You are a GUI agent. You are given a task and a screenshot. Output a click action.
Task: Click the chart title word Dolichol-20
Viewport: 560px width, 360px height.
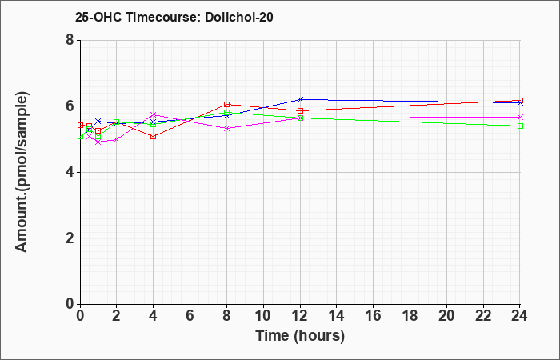pyautogui.click(x=239, y=17)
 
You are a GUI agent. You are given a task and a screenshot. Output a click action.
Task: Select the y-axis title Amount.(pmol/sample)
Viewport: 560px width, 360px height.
pyautogui.click(x=22, y=172)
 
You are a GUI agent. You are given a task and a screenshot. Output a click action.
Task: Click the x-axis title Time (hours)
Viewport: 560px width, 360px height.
pyautogui.click(x=300, y=336)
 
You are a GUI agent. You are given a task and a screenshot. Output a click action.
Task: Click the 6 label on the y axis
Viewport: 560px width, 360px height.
pyautogui.click(x=70, y=106)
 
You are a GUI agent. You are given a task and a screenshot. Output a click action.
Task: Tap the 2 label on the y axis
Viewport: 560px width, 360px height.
pyautogui.click(x=70, y=238)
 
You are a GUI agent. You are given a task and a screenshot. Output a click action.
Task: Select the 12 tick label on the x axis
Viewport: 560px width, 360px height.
pyautogui.click(x=300, y=316)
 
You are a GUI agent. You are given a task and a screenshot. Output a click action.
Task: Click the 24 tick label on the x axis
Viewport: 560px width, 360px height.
pyautogui.click(x=520, y=316)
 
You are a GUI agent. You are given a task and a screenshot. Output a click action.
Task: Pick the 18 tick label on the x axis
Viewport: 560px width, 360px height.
pyautogui.click(x=410, y=316)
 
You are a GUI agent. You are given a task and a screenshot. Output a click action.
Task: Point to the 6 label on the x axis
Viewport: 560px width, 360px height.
pyautogui.click(x=190, y=316)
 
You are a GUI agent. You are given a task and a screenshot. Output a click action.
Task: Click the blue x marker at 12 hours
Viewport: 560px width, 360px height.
pyautogui.click(x=300, y=99)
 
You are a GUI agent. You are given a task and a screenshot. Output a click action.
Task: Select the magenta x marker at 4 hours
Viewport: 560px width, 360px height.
pyautogui.click(x=154, y=114)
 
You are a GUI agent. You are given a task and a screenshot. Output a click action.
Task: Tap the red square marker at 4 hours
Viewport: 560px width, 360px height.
pyautogui.click(x=154, y=137)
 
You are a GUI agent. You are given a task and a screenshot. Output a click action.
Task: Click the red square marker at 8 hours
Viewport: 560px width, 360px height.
pyautogui.click(x=226, y=104)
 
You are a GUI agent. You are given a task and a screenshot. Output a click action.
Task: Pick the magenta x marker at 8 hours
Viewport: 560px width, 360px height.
pyautogui.click(x=226, y=128)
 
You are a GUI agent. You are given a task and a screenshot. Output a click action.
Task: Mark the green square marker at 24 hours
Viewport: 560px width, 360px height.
pyautogui.click(x=520, y=126)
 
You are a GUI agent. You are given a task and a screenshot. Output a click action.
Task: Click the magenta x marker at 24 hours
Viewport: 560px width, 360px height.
pyautogui.click(x=520, y=117)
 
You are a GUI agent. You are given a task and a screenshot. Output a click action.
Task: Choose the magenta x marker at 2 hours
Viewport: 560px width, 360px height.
pyautogui.click(x=117, y=140)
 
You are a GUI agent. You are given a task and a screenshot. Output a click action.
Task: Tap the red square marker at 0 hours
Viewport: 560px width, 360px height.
pyautogui.click(x=80, y=126)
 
